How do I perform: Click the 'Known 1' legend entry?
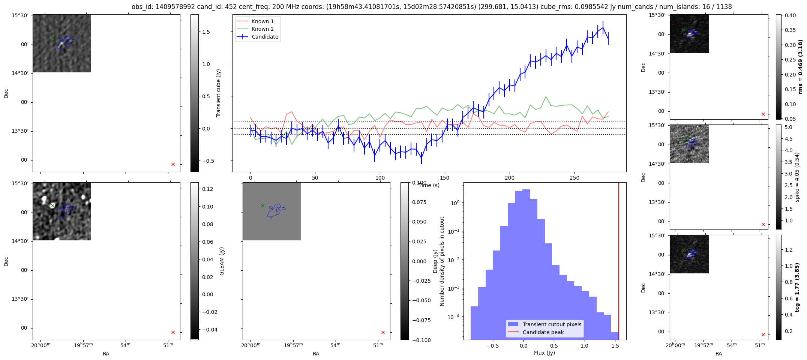tap(262, 21)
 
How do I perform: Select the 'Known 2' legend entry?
tap(262, 29)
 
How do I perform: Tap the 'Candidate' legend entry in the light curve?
tap(265, 37)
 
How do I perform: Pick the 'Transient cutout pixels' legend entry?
tap(552, 324)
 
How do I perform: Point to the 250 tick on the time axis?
tap(574, 178)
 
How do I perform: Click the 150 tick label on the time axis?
tap(445, 178)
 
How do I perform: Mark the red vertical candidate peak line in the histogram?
tap(619, 262)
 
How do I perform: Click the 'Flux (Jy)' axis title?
tap(544, 353)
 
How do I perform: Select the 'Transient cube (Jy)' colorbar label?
tap(219, 93)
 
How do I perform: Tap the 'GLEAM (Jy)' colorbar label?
tap(222, 261)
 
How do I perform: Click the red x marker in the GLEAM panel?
tap(173, 332)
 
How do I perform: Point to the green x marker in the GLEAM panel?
tap(52, 205)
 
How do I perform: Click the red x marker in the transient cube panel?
tap(173, 164)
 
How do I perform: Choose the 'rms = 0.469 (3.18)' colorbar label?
tap(800, 67)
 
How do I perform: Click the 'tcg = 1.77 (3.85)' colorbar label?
tap(797, 287)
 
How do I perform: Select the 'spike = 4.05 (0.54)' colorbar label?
tap(797, 177)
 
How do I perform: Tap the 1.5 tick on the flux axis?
tap(615, 346)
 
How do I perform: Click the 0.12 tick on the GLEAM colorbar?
tap(208, 189)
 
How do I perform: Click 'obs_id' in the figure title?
tap(141, 7)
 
